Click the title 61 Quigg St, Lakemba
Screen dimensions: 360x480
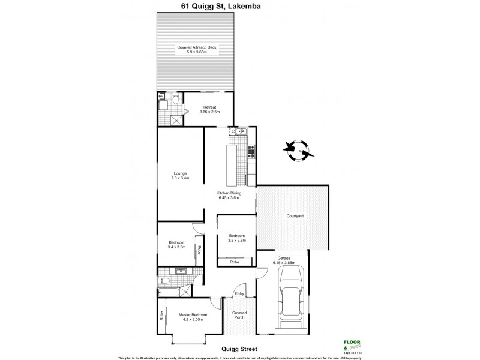(240, 7)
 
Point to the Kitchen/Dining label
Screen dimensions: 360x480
(227, 195)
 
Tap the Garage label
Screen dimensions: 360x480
(283, 257)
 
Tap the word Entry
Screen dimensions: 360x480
(239, 293)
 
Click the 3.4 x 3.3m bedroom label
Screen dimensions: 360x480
(176, 244)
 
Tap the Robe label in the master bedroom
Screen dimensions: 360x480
(163, 316)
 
